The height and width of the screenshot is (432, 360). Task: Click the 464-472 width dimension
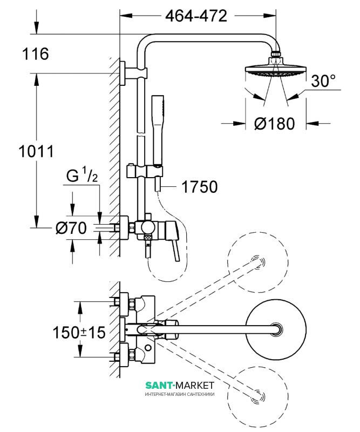(196, 16)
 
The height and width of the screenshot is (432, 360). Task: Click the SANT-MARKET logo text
(180, 384)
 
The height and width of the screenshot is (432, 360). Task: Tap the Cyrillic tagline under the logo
(180, 395)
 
